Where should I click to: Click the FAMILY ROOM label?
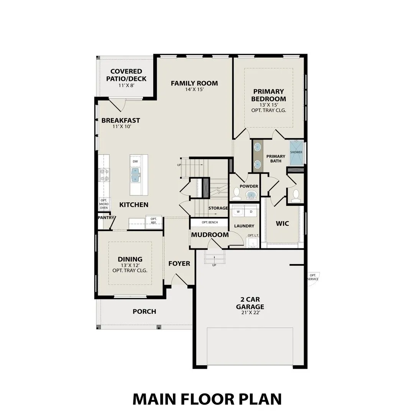194,83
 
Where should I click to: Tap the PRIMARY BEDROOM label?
268,95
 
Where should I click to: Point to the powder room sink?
251,195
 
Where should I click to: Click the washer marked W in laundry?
238,211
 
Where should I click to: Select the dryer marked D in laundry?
251,211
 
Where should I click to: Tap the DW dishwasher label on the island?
135,161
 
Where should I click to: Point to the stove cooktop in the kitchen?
103,175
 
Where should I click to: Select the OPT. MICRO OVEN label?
103,204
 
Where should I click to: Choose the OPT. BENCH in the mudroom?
210,222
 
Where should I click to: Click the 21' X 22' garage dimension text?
250,313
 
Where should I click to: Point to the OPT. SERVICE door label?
313,277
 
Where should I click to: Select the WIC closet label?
282,223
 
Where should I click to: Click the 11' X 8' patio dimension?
126,86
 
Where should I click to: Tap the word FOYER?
179,263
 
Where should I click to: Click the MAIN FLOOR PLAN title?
207,399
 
